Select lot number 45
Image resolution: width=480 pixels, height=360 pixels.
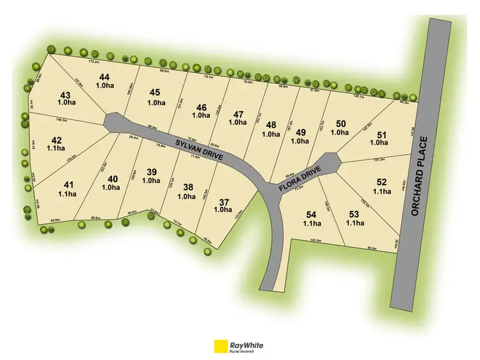click(156, 92)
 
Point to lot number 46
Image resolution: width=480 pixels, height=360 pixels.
click(202, 107)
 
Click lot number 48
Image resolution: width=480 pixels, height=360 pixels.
click(271, 124)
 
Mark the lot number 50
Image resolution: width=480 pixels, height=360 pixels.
click(341, 123)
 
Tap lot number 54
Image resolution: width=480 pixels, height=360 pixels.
click(312, 213)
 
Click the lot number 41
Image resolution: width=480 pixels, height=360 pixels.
click(68, 184)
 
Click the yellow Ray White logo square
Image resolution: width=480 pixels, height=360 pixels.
click(221, 345)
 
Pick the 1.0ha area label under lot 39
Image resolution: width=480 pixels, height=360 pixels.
click(152, 181)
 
